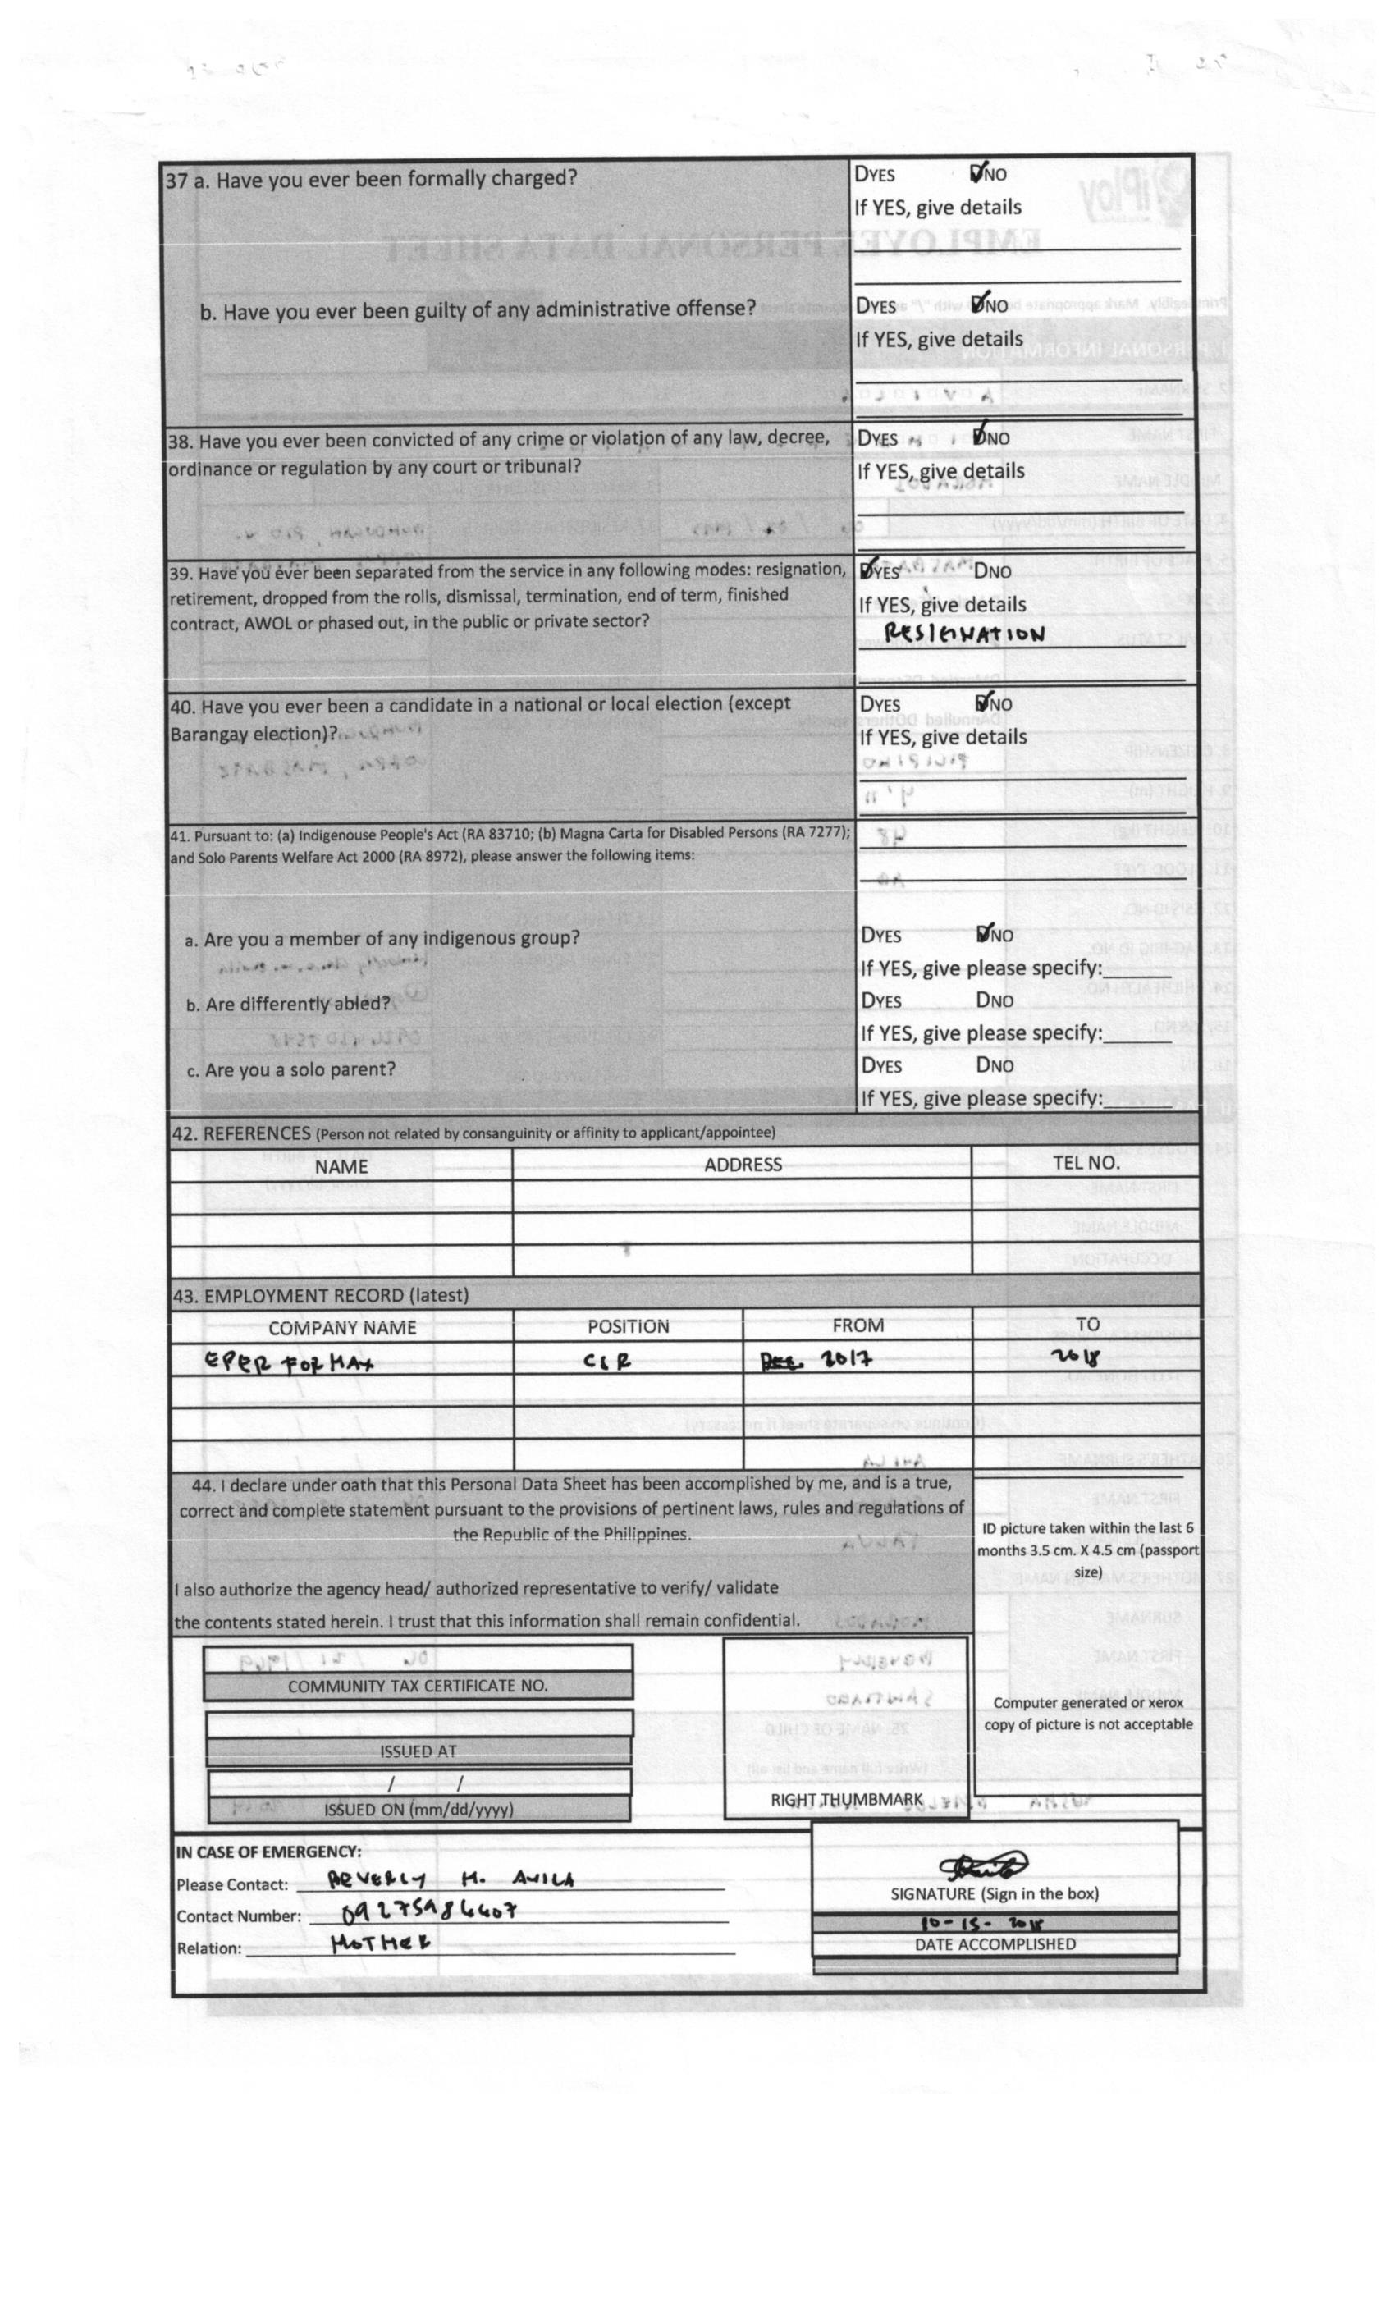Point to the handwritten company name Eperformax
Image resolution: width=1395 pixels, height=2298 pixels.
[288, 1362]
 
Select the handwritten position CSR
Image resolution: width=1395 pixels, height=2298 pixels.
[607, 1362]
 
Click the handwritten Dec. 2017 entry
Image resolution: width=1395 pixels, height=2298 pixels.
[816, 1360]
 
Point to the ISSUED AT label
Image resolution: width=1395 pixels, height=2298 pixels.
[418, 1751]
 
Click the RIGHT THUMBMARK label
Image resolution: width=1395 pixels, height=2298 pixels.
[846, 1799]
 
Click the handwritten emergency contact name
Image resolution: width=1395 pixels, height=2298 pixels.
[451, 1879]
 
